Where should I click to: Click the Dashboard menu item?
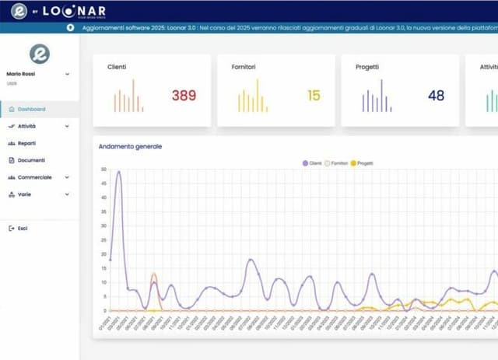click(31, 110)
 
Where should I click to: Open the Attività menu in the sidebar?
click(27, 126)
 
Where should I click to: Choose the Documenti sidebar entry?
click(31, 160)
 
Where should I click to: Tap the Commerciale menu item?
click(34, 177)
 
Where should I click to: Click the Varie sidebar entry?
click(25, 194)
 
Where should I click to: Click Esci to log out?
click(23, 228)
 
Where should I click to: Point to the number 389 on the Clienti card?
click(184, 96)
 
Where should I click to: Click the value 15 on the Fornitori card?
click(314, 96)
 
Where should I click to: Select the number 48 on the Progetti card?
click(436, 96)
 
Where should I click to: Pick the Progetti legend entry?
click(362, 163)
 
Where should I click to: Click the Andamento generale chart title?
click(130, 146)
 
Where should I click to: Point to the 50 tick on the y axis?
click(103, 169)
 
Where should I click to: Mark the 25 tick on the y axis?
click(103, 239)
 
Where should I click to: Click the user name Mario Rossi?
click(21, 75)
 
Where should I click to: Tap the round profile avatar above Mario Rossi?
click(39, 53)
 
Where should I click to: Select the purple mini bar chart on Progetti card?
click(377, 96)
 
